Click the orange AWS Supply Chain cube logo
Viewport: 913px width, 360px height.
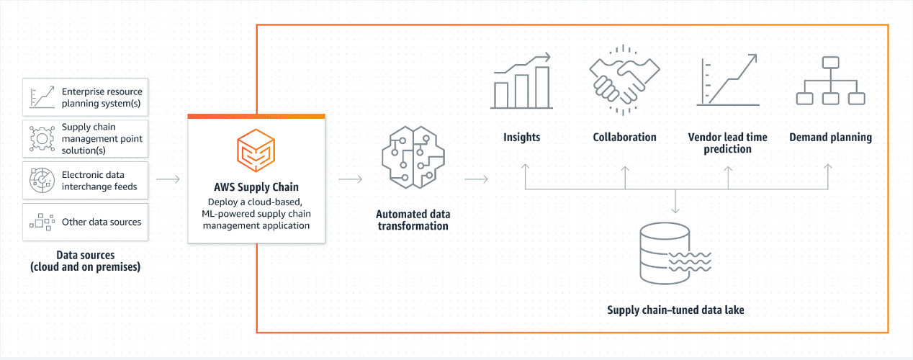(x=256, y=150)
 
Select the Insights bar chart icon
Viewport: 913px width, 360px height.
(x=521, y=81)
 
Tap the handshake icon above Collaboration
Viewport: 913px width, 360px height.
(x=624, y=81)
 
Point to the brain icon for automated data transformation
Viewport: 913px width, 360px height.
(x=413, y=158)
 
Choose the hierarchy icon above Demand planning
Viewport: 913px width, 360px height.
(x=830, y=81)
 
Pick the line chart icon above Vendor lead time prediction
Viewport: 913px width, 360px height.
(x=727, y=80)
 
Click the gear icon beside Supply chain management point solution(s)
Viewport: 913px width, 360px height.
(x=42, y=139)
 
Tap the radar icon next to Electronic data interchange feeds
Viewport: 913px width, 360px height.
(x=42, y=180)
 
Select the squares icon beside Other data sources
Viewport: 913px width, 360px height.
(x=42, y=222)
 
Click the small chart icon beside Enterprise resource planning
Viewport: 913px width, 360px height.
(x=42, y=97)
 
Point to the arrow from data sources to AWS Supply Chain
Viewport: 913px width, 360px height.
(x=168, y=179)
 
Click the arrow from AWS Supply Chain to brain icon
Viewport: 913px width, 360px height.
(x=350, y=179)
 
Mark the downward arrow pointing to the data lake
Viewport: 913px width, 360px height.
(x=675, y=201)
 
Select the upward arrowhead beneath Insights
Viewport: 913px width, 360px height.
(x=525, y=167)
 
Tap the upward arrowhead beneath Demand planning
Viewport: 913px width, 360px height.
(x=828, y=167)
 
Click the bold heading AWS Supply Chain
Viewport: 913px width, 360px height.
(x=256, y=187)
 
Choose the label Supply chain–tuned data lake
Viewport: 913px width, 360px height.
(x=675, y=310)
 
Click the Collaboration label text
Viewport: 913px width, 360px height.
(x=624, y=138)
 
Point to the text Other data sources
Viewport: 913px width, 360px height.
(x=102, y=222)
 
